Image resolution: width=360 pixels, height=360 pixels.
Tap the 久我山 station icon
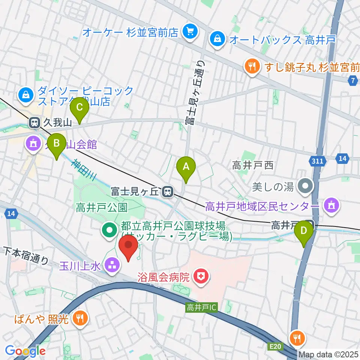click(x=34, y=122)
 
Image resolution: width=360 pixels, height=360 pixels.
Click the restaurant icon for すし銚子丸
click(x=251, y=67)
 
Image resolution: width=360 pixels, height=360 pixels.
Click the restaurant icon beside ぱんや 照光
click(x=80, y=319)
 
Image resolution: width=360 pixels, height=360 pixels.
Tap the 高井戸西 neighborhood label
click(x=253, y=165)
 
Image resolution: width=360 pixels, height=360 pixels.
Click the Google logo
click(x=25, y=351)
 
